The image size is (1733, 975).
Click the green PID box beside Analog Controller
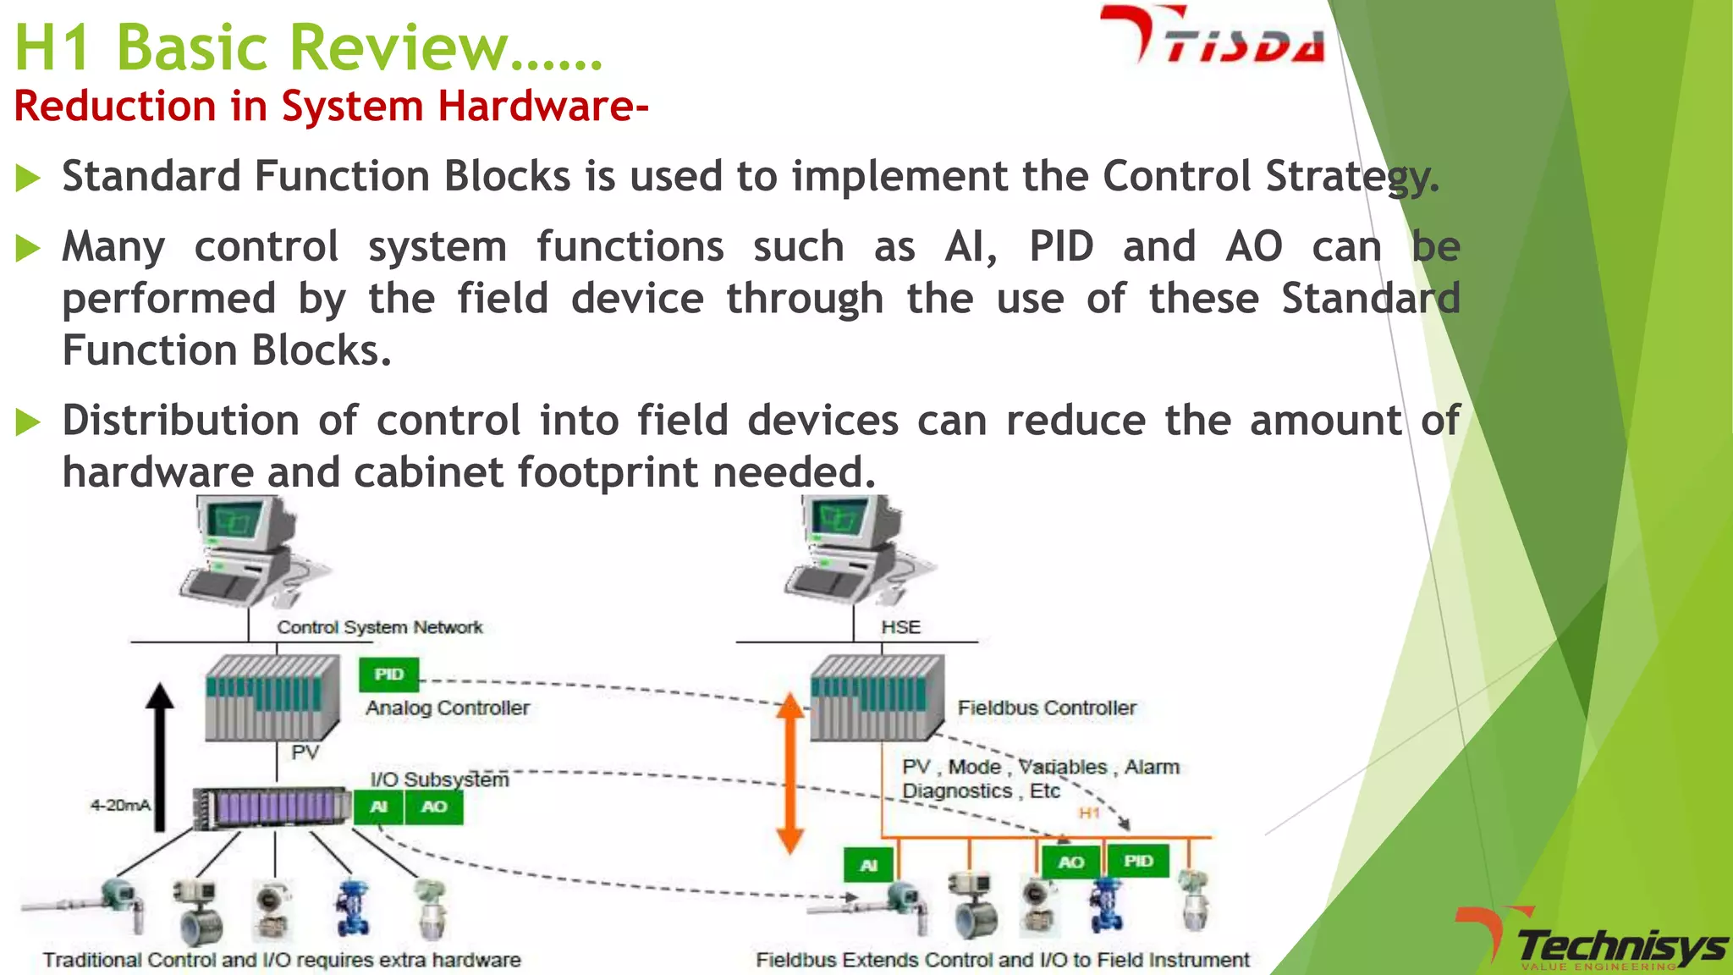tap(388, 674)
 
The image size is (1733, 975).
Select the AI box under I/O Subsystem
tap(378, 807)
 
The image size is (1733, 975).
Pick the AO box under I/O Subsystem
tap(433, 807)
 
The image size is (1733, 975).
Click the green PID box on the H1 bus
tap(1138, 861)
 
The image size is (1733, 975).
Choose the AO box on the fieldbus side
tap(1070, 862)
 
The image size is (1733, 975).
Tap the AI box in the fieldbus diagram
tap(868, 865)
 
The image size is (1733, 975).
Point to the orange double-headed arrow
tap(789, 773)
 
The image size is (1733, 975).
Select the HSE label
tap(900, 627)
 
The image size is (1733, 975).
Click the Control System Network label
tap(380, 627)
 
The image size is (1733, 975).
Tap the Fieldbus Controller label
tap(1046, 708)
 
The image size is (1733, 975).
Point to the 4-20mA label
tap(120, 805)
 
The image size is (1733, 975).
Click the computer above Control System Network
tap(250, 550)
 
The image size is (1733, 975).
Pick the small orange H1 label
tap(1089, 812)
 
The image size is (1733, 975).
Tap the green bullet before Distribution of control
tap(28, 421)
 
